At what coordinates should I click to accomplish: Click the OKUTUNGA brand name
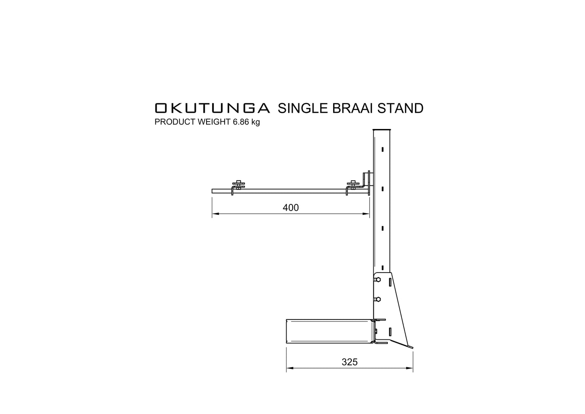tap(212, 108)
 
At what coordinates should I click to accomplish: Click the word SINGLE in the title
tap(303, 108)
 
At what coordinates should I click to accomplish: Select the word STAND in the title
tap(400, 108)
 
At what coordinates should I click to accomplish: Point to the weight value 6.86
tap(241, 122)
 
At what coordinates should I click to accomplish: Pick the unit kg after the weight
tap(255, 122)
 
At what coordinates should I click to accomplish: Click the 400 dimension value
tap(291, 208)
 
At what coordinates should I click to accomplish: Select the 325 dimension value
tap(350, 362)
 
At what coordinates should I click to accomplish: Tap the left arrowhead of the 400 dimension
tap(215, 214)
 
